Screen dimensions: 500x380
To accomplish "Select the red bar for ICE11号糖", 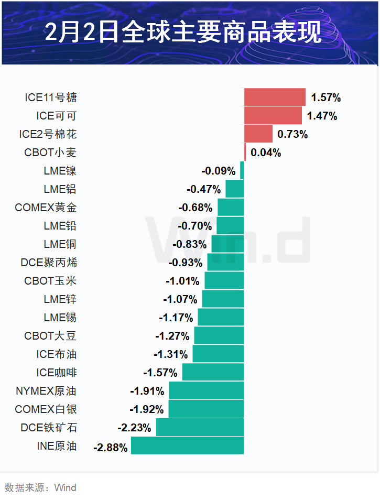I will tap(275, 97).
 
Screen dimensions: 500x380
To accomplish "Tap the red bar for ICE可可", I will tap(273, 116).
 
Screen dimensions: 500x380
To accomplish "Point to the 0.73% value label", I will tap(292, 134).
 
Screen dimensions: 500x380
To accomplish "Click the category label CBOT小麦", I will tap(50, 153).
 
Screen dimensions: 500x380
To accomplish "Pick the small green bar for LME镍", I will tap(242, 171).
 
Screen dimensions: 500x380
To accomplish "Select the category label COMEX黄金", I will tap(46, 208).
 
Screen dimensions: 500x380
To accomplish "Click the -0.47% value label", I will tap(203, 189).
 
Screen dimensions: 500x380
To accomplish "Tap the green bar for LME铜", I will tap(227, 244).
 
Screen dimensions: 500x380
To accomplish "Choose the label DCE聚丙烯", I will tap(49, 263).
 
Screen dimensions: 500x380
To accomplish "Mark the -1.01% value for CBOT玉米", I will tap(182, 281).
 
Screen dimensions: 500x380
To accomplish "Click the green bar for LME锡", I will tap(221, 318).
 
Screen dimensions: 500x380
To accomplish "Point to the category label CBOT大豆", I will tap(50, 336).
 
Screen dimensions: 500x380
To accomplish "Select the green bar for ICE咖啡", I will tap(213, 373).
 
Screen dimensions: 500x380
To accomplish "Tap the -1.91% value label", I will tap(147, 391).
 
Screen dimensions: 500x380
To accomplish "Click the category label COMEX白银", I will tap(46, 409).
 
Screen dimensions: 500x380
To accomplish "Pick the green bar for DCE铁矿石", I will tap(200, 428).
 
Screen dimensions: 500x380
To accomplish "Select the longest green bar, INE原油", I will tap(187, 446).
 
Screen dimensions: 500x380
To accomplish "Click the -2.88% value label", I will tap(110, 448).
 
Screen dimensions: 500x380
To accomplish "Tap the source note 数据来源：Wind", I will tap(40, 487).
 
